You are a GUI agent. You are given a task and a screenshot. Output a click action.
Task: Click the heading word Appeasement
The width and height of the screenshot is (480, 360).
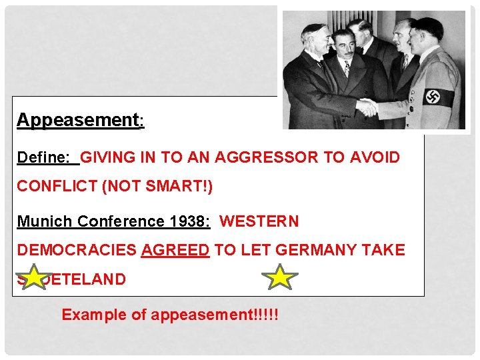[x=79, y=121]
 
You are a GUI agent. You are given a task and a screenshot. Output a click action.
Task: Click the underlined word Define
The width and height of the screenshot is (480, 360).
[x=44, y=158]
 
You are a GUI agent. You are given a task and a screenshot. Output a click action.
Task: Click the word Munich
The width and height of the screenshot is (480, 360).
[x=45, y=221]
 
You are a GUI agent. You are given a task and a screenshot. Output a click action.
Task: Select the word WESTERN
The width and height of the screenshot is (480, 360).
[x=259, y=221]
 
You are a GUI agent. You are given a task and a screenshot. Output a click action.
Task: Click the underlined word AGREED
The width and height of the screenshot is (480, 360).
[x=175, y=250]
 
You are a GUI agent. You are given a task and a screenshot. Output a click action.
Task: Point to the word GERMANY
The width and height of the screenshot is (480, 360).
[x=317, y=250]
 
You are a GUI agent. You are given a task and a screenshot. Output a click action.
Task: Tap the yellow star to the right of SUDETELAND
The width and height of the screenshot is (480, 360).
[x=280, y=277]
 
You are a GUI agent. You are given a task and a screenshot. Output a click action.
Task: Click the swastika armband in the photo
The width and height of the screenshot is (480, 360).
[x=439, y=96]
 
